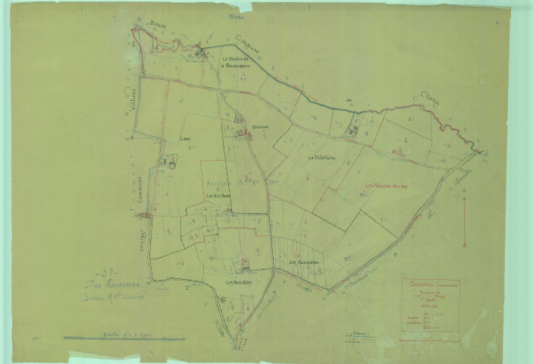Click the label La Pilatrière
point(321,157)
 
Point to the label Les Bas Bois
point(218,196)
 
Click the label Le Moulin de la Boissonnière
point(240,61)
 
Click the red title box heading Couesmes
point(428,285)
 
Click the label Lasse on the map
point(184,139)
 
